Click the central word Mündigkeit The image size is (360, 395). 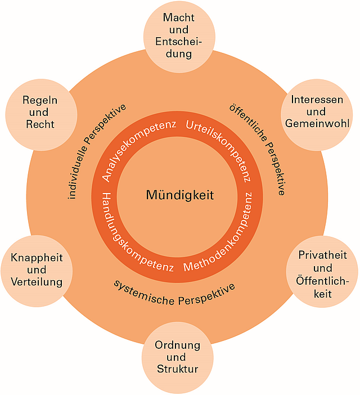click(x=179, y=195)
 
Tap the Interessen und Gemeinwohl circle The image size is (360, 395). click(x=317, y=111)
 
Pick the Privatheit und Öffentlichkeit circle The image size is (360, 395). click(x=322, y=274)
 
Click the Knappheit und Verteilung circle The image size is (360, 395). click(x=36, y=270)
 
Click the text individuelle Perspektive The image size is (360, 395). click(x=96, y=152)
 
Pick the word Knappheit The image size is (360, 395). click(x=36, y=258)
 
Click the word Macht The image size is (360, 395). click(x=178, y=18)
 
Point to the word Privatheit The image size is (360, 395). click(x=322, y=255)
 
